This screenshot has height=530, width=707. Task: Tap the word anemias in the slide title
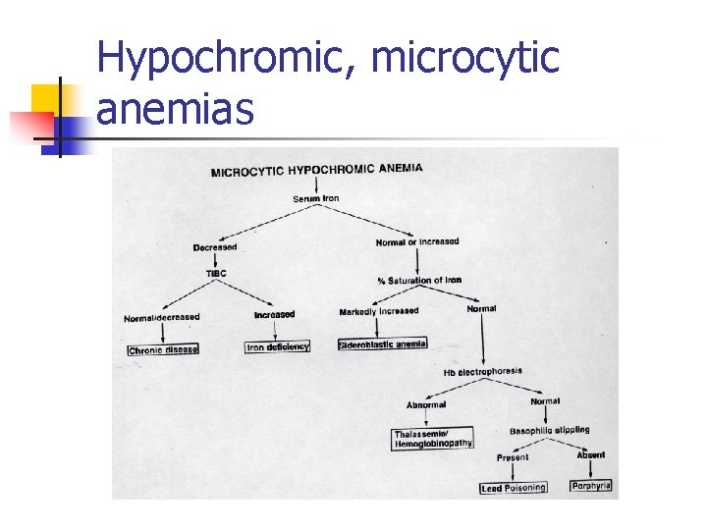[176, 110]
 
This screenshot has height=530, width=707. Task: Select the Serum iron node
[315, 199]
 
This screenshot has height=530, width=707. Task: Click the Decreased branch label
[215, 247]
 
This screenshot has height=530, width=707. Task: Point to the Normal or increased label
[416, 241]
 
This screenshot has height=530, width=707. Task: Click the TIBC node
[216, 272]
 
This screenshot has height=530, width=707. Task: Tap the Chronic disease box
[163, 349]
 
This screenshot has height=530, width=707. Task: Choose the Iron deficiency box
[278, 346]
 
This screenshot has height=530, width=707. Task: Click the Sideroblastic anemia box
[382, 344]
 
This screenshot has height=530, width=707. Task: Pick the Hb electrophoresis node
[482, 372]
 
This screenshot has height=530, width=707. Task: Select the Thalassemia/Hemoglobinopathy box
[432, 439]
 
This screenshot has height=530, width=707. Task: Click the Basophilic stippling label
[549, 430]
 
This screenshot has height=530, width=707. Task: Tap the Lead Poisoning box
[513, 488]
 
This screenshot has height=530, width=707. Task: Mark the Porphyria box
[591, 485]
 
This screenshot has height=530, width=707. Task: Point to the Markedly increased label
[378, 311]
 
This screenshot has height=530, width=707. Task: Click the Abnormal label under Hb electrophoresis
[426, 404]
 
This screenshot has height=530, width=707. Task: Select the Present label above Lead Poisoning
[512, 457]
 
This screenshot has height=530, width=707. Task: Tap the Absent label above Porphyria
[591, 454]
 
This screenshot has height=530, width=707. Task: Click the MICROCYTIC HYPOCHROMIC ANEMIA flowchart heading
[317, 171]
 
